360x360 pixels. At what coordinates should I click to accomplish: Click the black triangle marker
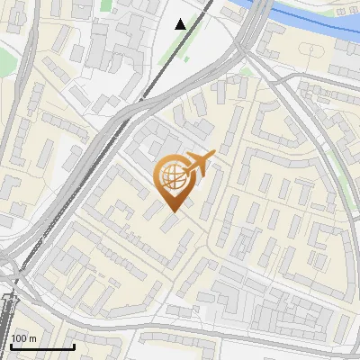[x=181, y=24]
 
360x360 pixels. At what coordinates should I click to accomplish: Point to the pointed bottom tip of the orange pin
[x=171, y=212]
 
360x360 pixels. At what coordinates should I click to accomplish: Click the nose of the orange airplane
[x=214, y=155]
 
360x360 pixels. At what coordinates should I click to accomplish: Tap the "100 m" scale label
[x=22, y=338]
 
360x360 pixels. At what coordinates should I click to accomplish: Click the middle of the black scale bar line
[x=41, y=346]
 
